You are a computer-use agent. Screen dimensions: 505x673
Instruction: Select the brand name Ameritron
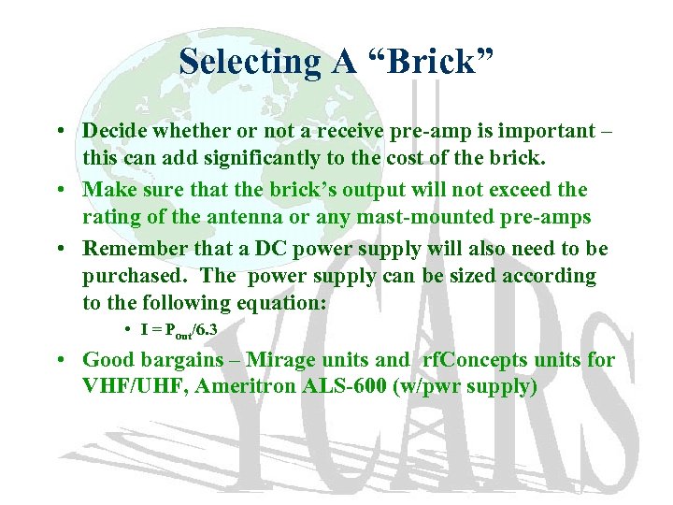click(x=241, y=385)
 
